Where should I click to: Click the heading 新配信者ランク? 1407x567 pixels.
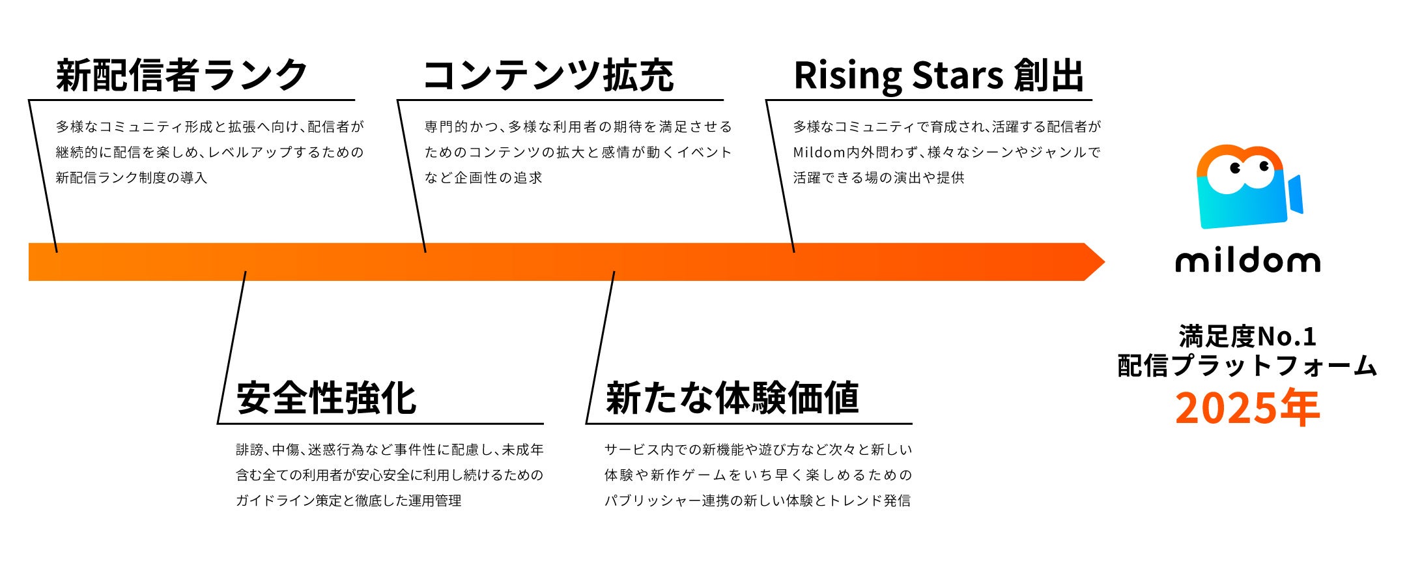[182, 75]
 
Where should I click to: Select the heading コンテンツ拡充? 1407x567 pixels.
[548, 75]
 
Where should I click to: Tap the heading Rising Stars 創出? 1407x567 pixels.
[939, 75]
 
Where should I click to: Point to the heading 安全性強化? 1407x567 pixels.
[326, 398]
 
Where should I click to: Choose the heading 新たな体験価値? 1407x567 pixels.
[732, 398]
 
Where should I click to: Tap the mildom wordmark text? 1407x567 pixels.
[1247, 261]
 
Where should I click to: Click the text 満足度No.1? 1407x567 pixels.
[1247, 337]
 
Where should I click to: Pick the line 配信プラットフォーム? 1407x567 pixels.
[1247, 366]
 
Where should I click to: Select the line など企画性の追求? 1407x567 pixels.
[483, 178]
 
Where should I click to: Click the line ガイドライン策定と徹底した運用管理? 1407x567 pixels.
[348, 501]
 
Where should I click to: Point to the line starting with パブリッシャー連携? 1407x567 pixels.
[758, 501]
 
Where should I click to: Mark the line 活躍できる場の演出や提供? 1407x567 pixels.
[879, 178]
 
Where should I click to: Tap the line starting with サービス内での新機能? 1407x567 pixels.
[758, 450]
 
